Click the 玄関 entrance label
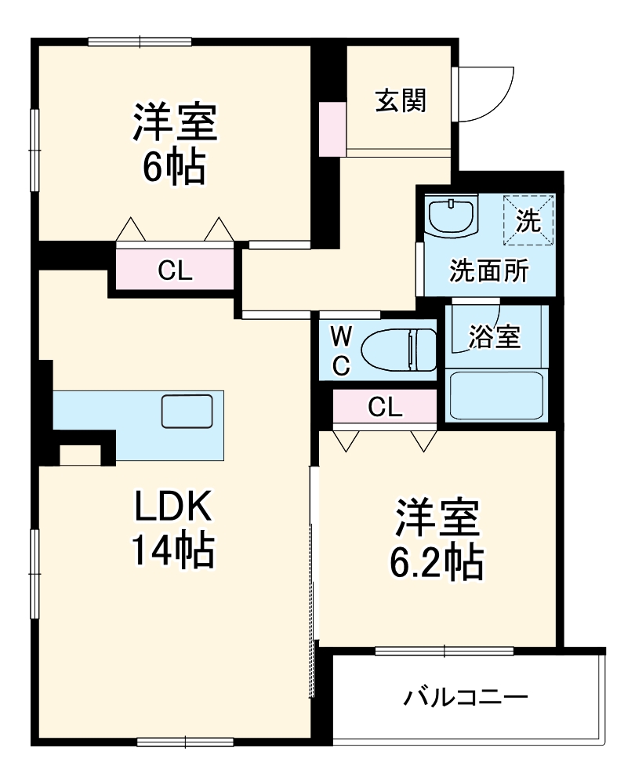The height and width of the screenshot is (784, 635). point(400,100)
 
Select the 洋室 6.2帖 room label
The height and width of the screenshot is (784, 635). point(437,538)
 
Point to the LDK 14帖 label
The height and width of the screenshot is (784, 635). point(172,530)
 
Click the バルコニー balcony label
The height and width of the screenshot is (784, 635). point(466,696)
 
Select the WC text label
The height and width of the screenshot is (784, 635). point(341,352)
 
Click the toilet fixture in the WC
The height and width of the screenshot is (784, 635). point(400,350)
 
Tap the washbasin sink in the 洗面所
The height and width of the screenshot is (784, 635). point(452,215)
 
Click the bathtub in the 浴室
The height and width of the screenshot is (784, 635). point(496,394)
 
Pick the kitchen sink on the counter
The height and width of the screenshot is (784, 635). point(187,412)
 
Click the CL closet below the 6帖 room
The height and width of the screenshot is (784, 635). point(175,270)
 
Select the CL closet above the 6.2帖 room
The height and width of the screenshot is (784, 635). point(385,406)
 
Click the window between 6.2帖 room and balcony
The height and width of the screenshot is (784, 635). point(444,650)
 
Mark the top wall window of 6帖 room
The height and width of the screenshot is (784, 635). point(140,42)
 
